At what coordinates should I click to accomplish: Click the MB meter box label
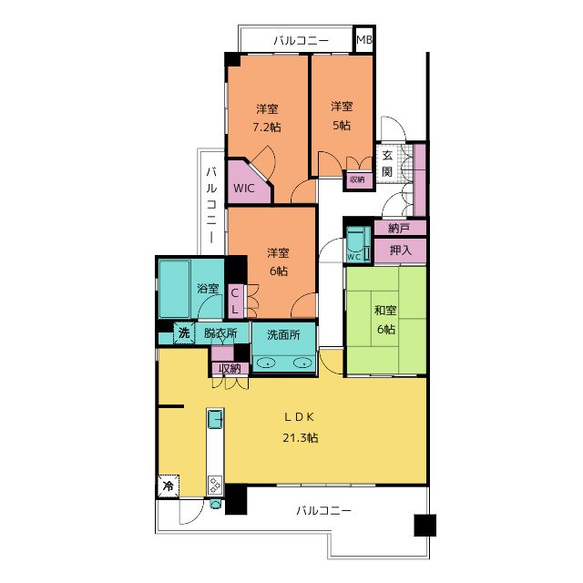(364, 39)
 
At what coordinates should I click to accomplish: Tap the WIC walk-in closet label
(244, 189)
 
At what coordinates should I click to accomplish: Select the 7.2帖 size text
(267, 128)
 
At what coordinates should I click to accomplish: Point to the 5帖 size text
(342, 126)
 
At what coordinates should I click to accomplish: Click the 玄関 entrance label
(387, 163)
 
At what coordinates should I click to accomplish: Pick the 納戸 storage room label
(399, 228)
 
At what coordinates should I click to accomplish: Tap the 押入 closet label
(401, 251)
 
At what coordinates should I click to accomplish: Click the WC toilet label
(353, 257)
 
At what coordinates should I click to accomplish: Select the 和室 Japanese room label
(385, 310)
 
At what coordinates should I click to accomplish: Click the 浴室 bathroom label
(208, 288)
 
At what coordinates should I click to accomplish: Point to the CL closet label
(235, 302)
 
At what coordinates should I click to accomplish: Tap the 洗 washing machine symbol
(184, 332)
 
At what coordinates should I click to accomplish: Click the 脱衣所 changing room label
(220, 332)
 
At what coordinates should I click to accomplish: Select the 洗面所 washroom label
(283, 334)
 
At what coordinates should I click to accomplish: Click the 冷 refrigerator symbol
(169, 486)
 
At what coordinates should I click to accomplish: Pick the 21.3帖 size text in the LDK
(301, 438)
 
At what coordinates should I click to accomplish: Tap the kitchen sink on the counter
(215, 419)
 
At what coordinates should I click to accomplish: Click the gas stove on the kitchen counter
(215, 485)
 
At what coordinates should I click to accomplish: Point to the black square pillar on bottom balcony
(425, 525)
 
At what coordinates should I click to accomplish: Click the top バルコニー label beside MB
(302, 40)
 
